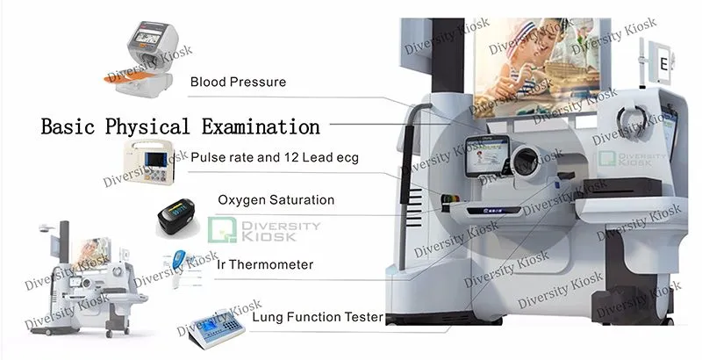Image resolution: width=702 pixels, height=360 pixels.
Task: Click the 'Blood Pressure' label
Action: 238,82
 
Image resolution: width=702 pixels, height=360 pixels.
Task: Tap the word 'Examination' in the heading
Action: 261,126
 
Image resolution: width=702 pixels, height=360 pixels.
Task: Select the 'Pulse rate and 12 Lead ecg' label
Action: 275,158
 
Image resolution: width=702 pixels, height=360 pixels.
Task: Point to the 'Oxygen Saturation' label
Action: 276,199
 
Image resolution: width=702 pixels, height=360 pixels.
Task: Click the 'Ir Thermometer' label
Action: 265,264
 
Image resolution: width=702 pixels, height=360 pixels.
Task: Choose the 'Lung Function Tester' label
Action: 318,318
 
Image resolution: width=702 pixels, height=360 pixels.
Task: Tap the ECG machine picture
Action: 149,162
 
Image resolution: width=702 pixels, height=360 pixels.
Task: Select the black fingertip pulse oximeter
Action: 176,218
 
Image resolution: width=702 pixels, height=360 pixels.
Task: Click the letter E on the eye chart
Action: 663,64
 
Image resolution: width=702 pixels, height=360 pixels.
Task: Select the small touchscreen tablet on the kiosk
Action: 487,156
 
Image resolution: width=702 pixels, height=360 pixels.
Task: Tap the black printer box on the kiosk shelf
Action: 623,187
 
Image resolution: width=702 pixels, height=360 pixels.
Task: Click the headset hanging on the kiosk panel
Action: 631,119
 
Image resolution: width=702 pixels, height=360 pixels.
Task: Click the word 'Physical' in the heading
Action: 147,127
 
